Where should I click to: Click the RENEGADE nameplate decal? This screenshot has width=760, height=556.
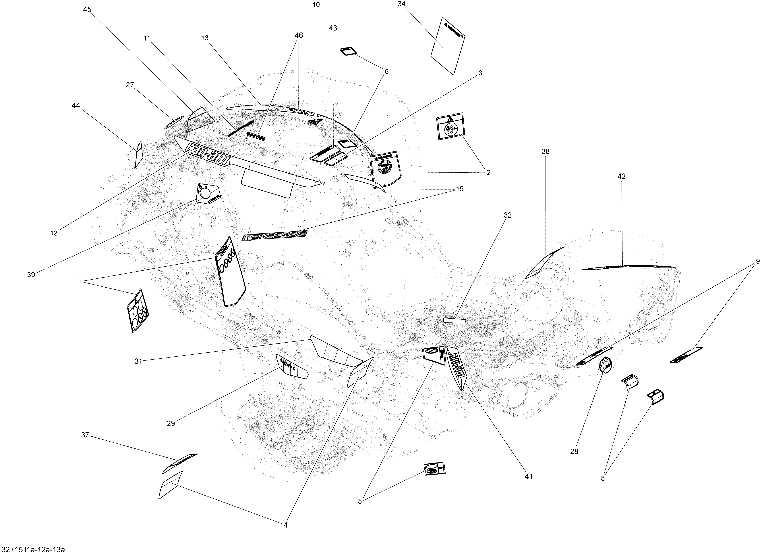pyautogui.click(x=275, y=236)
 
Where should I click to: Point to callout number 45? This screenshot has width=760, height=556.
pyautogui.click(x=87, y=10)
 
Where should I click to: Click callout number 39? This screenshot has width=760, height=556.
pyautogui.click(x=31, y=275)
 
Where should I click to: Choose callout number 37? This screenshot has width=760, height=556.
pyautogui.click(x=85, y=435)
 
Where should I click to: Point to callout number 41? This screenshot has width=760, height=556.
pyautogui.click(x=529, y=477)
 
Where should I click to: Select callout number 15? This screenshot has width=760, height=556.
pyautogui.click(x=459, y=189)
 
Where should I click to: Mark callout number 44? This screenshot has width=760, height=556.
pyautogui.click(x=76, y=106)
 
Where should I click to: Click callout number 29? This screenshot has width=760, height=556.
pyautogui.click(x=171, y=423)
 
